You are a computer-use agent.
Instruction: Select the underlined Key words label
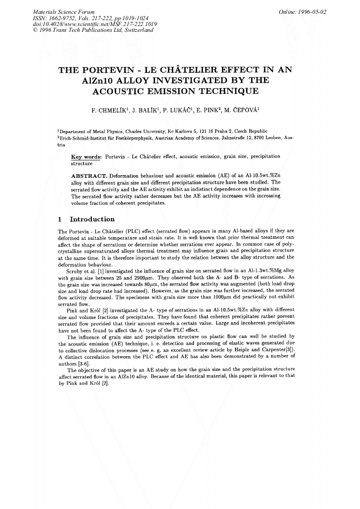click(86, 158)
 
